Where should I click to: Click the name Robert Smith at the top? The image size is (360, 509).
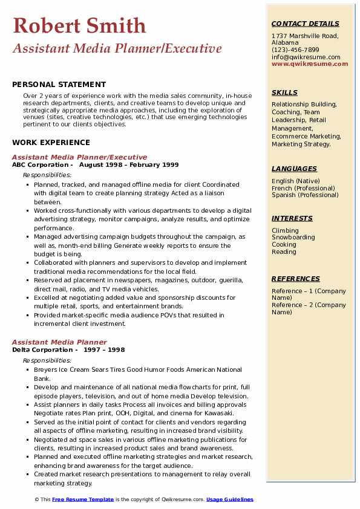[x=79, y=25]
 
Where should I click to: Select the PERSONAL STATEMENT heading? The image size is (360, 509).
[x=59, y=85]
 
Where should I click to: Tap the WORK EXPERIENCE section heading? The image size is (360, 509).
[x=51, y=143]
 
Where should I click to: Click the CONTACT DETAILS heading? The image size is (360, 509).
[x=305, y=24]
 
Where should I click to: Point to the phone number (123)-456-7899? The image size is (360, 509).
[x=295, y=50]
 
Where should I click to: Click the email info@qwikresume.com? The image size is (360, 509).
[x=306, y=57]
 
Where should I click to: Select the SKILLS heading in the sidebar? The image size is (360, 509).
[x=284, y=92]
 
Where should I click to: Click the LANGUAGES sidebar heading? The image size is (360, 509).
[x=294, y=169]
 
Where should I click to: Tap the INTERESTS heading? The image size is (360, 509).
[x=292, y=218]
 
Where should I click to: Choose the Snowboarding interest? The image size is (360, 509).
[x=293, y=238]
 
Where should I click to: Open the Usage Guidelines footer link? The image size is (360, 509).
[x=229, y=499]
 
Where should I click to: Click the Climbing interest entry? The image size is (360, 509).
[x=285, y=230]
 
